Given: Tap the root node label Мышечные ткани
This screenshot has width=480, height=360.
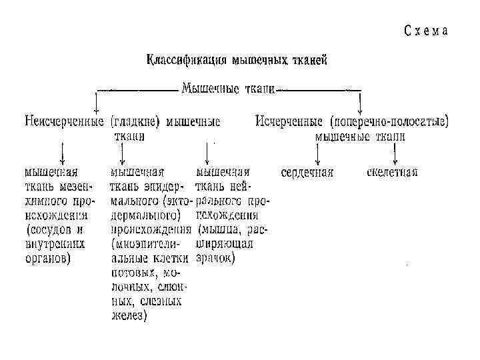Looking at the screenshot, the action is click(228, 88).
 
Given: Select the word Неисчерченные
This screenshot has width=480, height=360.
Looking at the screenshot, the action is click(63, 122).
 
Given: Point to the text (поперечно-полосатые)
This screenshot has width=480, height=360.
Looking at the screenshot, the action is click(389, 122).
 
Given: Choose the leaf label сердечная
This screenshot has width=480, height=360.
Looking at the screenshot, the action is click(307, 172).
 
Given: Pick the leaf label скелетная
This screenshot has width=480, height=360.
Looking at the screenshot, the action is click(392, 172).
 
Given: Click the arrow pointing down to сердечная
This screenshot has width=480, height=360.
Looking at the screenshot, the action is click(317, 155).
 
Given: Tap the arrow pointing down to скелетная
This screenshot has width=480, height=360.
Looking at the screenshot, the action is click(395, 155).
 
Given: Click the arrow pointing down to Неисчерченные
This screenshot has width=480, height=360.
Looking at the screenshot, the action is click(97, 101).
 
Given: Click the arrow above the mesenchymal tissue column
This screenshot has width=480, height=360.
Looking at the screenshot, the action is click(62, 155).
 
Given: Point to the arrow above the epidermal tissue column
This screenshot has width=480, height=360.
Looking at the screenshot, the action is click(122, 155).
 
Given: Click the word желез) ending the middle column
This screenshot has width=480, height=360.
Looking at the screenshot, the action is click(129, 317).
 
